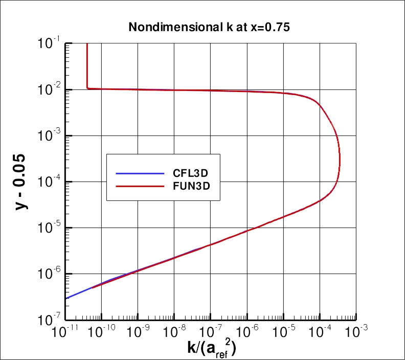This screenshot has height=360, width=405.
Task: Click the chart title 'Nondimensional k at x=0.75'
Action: coord(209,28)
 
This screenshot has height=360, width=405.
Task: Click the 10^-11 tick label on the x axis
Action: coord(64,332)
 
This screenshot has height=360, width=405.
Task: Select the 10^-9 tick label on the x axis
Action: coord(137,332)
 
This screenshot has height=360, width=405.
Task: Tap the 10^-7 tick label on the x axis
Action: coord(210,332)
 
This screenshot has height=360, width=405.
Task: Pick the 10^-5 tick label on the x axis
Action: coord(283,332)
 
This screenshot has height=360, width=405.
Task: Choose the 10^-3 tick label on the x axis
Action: coord(356,332)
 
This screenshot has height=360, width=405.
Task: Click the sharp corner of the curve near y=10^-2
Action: coord(87,88)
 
